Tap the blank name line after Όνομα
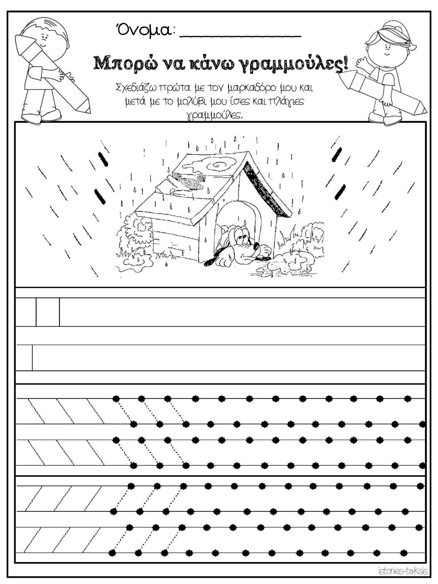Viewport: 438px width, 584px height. [241, 36]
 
